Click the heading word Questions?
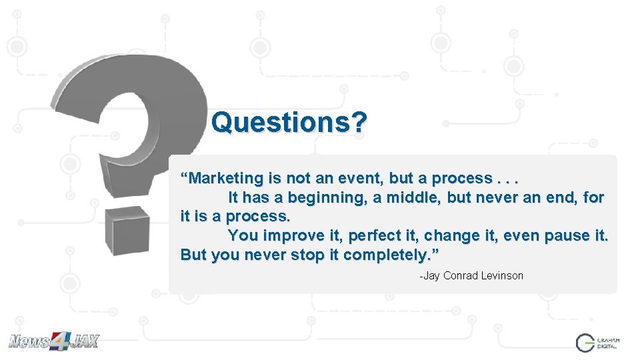click(289, 122)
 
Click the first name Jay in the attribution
click(431, 276)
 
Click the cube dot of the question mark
click(131, 230)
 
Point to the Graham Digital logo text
click(609, 343)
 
